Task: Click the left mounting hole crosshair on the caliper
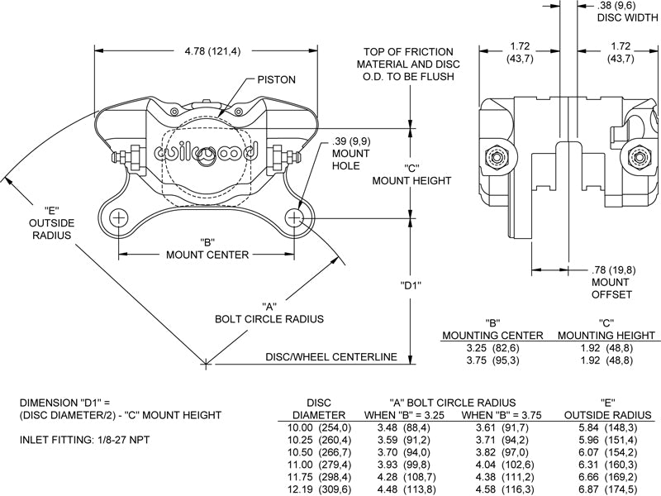pos(120,218)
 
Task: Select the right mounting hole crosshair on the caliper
pos(295,218)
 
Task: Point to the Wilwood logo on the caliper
pos(207,153)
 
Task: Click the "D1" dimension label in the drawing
pos(411,286)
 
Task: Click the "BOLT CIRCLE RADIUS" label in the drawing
pos(269,318)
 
